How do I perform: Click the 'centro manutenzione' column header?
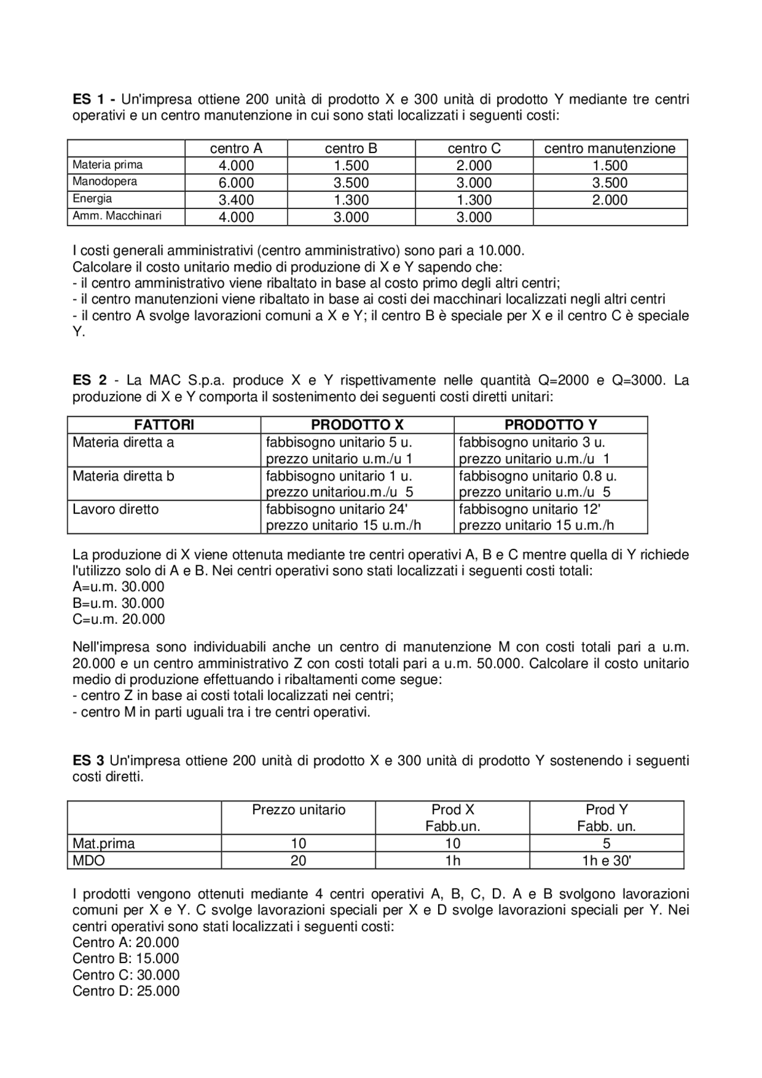pyautogui.click(x=610, y=148)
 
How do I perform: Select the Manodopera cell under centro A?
pyautogui.click(x=236, y=183)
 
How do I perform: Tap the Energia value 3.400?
pyautogui.click(x=236, y=200)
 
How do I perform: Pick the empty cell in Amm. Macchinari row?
pyautogui.click(x=610, y=217)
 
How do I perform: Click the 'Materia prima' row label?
pyautogui.click(x=107, y=165)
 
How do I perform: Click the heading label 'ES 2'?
pyautogui.click(x=89, y=380)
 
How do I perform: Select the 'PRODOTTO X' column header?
pyautogui.click(x=357, y=425)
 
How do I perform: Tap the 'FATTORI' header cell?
pyautogui.click(x=164, y=425)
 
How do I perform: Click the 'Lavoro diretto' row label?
pyautogui.click(x=115, y=510)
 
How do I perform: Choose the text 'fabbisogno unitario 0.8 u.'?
pyautogui.click(x=537, y=476)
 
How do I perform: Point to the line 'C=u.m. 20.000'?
pyautogui.click(x=118, y=619)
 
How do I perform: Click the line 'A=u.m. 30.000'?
pyautogui.click(x=118, y=587)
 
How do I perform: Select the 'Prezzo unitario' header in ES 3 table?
pyautogui.click(x=298, y=810)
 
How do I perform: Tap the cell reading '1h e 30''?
pyautogui.click(x=606, y=861)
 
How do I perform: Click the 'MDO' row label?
pyautogui.click(x=88, y=861)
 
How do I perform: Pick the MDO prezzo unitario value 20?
pyautogui.click(x=298, y=861)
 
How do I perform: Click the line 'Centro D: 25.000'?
pyautogui.click(x=126, y=991)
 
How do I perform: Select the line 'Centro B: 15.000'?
pyautogui.click(x=126, y=958)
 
